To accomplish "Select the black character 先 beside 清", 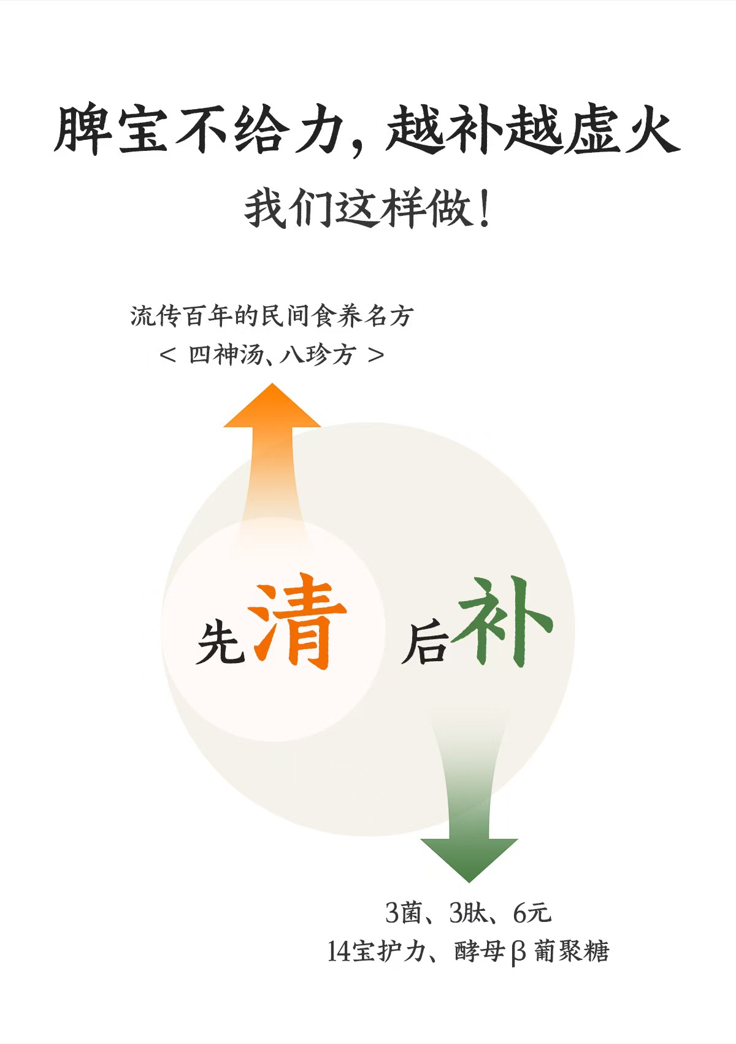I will pyautogui.click(x=220, y=642).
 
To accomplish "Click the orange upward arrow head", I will pyautogui.click(x=272, y=408).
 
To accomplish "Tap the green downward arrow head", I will pyautogui.click(x=469, y=859).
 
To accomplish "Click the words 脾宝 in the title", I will pyautogui.click(x=111, y=130).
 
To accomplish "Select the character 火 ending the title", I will pyautogui.click(x=651, y=130).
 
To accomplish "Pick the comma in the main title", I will pyautogui.click(x=358, y=147).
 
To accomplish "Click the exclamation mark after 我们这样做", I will pyautogui.click(x=485, y=210).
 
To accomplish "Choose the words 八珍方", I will pyautogui.click(x=318, y=355).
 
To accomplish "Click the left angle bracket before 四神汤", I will pyautogui.click(x=167, y=355).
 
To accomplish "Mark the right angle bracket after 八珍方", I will pyautogui.click(x=376, y=355).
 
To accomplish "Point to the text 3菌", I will pyautogui.click(x=403, y=913).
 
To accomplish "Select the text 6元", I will pyautogui.click(x=532, y=913).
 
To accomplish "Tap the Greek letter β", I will pyautogui.click(x=518, y=953).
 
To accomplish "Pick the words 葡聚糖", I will pyautogui.click(x=571, y=951).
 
